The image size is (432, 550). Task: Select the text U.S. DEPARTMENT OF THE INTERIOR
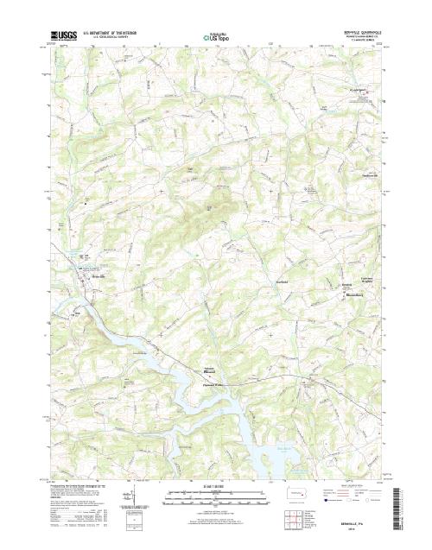(116, 34)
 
